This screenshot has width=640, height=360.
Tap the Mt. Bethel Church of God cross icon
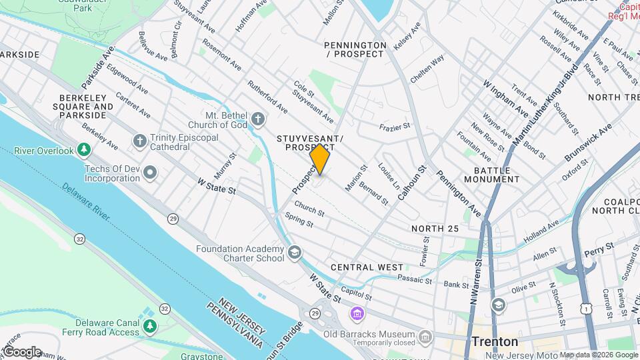259,120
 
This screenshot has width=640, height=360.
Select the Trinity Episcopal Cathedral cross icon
139,141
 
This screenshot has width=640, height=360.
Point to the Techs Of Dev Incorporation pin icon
151,173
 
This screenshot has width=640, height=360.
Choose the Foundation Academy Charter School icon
295,253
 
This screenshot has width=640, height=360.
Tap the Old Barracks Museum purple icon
358,313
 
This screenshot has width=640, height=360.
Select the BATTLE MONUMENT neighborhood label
493,175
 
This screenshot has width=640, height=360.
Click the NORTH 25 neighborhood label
435,229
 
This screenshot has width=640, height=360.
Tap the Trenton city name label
495,341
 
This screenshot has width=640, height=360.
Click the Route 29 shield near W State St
173,218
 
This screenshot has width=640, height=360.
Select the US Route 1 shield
585,309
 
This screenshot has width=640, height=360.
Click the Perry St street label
599,247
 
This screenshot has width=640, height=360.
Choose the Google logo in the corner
22,351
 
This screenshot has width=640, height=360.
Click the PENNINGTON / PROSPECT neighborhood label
355,49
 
